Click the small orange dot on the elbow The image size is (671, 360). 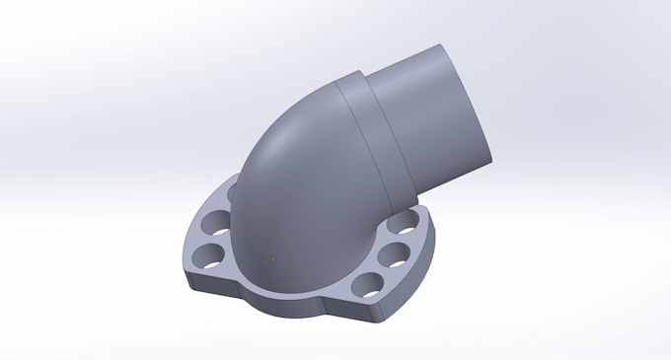click(273, 259)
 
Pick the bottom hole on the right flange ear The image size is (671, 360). click(369, 284)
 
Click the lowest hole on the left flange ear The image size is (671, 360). click(208, 257)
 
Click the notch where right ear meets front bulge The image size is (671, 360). click(335, 299)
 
